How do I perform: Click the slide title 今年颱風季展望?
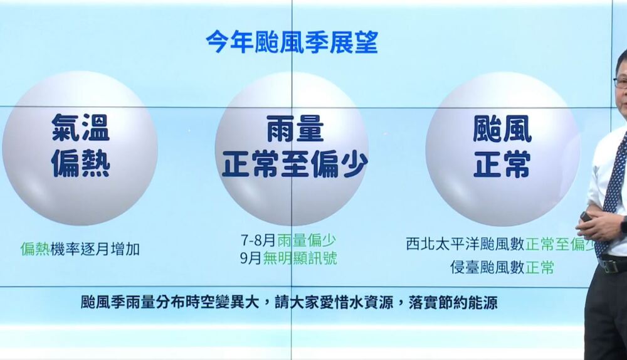tap(292, 41)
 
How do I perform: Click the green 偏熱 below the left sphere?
tap(35, 250)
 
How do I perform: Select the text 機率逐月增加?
tap(95, 250)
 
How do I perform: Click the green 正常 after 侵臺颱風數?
tap(539, 268)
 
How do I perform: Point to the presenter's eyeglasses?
tap(621, 82)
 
